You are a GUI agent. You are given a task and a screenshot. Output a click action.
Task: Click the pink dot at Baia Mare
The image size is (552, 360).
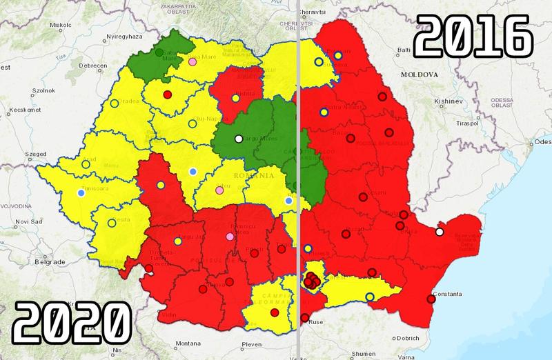(193, 61)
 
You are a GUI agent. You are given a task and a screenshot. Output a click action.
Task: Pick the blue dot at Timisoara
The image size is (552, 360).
(81, 193)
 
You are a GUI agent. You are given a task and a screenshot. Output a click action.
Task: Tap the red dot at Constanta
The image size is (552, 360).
(431, 299)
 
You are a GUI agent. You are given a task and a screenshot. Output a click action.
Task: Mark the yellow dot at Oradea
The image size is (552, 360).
(114, 104)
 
